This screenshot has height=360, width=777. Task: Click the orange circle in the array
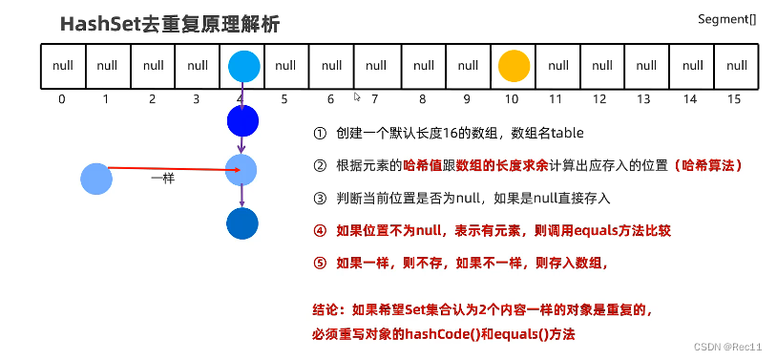pyautogui.click(x=514, y=66)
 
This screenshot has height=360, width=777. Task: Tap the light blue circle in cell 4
pyautogui.click(x=243, y=66)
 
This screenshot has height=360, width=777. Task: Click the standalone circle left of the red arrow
pyautogui.click(x=96, y=179)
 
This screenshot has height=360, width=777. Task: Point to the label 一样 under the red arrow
pyautogui.click(x=162, y=179)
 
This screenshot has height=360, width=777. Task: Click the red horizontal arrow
pyautogui.click(x=172, y=170)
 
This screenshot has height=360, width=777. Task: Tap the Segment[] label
pyautogui.click(x=727, y=19)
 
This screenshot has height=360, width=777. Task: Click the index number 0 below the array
pyautogui.click(x=62, y=98)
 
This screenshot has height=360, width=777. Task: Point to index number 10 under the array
pyautogui.click(x=512, y=98)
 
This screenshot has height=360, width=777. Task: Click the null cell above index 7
pyautogui.click(x=376, y=66)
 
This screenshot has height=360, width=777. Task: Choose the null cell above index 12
pyautogui.click(x=601, y=66)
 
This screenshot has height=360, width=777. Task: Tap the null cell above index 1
pyautogui.click(x=108, y=66)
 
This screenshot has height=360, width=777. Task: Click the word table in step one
pyautogui.click(x=566, y=133)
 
